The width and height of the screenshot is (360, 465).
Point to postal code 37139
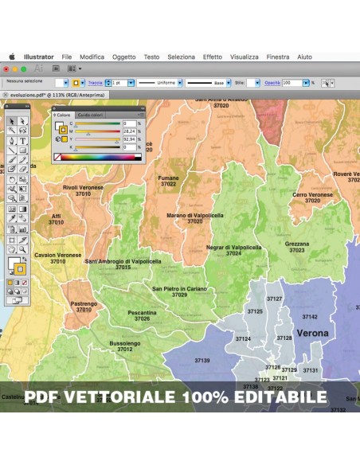(202, 361)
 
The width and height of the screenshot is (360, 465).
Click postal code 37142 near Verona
(310, 317)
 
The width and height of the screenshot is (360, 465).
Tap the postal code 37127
(275, 299)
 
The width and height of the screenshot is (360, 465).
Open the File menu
(67, 57)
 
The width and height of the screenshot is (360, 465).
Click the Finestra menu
(278, 57)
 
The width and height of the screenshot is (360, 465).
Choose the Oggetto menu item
(123, 57)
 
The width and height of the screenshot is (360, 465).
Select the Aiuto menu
(304, 57)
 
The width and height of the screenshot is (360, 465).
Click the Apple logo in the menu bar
(12, 57)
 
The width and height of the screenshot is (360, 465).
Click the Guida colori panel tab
(90, 115)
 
